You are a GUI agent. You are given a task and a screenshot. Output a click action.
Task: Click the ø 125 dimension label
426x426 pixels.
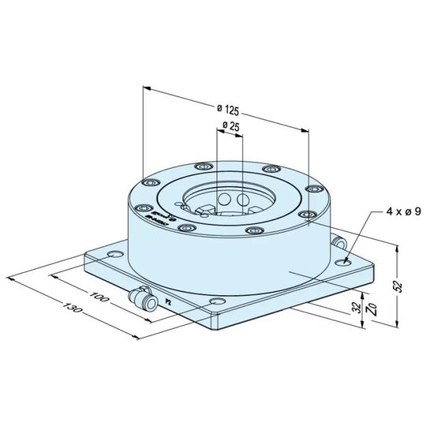229,108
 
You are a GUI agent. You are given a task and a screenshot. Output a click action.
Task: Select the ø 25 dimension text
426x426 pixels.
230,125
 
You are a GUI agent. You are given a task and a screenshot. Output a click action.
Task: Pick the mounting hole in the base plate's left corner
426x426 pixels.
116,255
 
